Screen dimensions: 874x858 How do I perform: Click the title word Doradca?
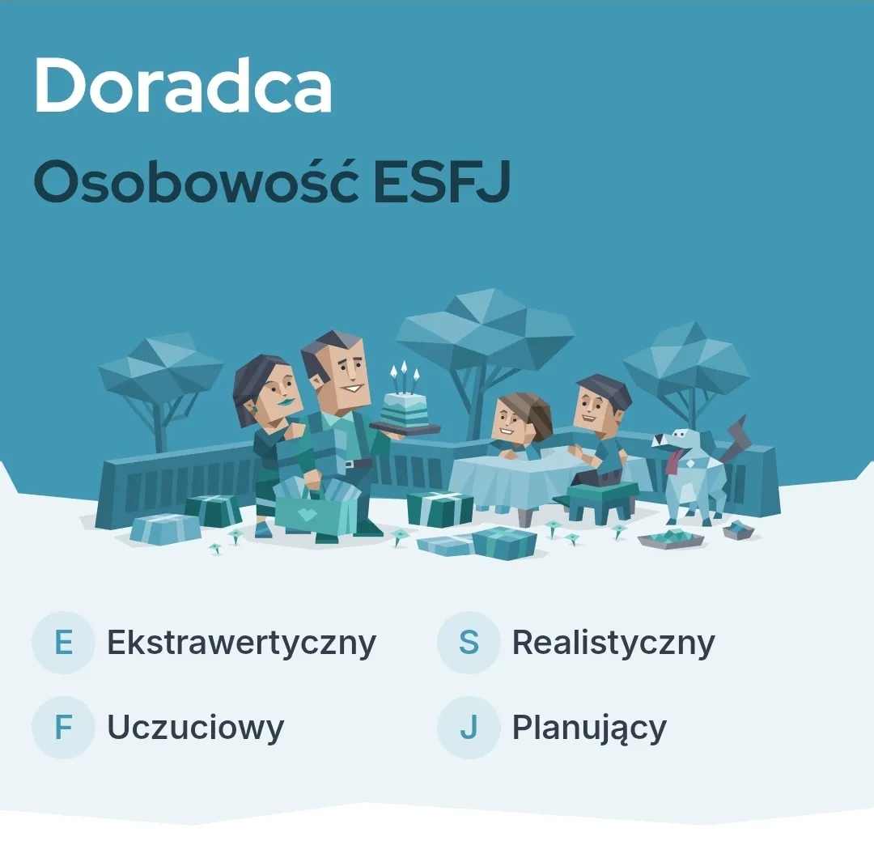(183, 85)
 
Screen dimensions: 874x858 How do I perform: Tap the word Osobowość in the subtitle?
(196, 181)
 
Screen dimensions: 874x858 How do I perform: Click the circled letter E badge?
(64, 642)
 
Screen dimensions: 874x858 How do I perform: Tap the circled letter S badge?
(469, 642)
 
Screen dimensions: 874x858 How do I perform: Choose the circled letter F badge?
(64, 728)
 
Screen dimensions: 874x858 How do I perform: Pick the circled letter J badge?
(469, 728)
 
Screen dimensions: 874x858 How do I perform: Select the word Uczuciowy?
(196, 728)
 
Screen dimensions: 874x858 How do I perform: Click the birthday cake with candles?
(405, 404)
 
